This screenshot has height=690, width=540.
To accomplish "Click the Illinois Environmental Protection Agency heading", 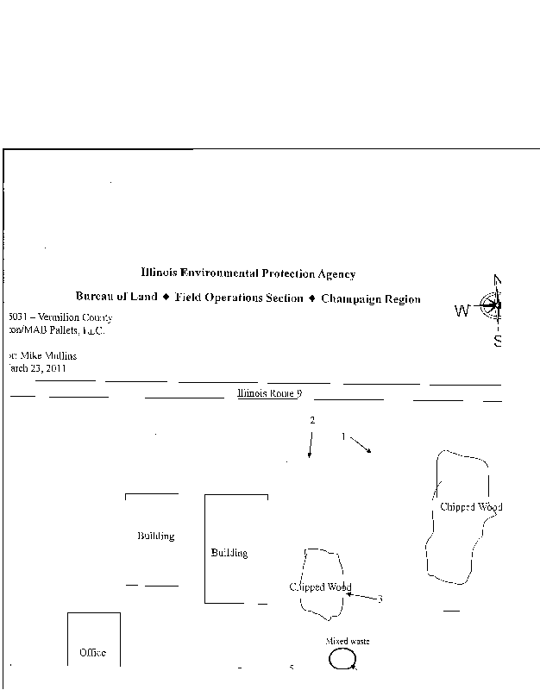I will tap(248, 274).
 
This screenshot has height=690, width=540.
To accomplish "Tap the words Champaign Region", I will tap(371, 299).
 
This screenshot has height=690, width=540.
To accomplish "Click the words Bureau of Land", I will tap(116, 297).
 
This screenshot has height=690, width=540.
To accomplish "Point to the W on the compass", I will tap(462, 311).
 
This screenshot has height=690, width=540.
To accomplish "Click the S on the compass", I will tap(498, 341).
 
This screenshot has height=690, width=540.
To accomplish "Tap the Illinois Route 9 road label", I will tap(269, 393).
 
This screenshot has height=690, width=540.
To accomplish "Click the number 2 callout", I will tap(312, 420).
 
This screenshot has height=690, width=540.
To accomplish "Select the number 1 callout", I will tap(343, 436).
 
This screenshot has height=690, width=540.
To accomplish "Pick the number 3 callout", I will tap(380, 599).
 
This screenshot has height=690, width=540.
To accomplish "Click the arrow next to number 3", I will tap(361, 596).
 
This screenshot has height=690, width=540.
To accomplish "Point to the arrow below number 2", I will tap(310, 445).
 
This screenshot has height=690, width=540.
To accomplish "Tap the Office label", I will tap(92, 653).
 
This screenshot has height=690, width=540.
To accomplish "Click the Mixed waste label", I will tap(348, 642).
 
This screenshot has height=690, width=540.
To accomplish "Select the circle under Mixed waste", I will tap(342, 659).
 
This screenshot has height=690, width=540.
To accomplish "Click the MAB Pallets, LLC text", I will tap(60, 330).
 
